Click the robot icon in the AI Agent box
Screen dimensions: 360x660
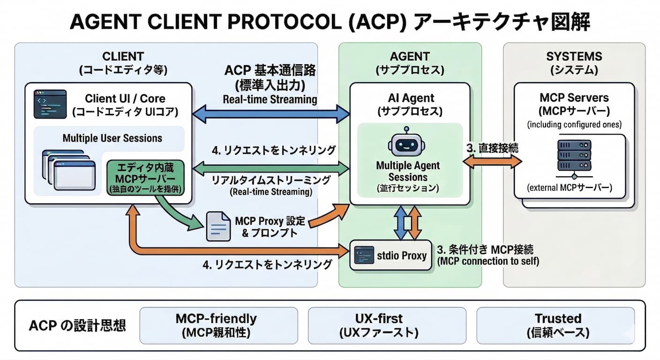click(x=406, y=143)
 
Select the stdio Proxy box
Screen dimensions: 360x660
click(x=390, y=255)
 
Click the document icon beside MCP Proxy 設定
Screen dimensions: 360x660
click(x=218, y=226)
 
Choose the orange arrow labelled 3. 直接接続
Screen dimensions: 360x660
click(x=493, y=162)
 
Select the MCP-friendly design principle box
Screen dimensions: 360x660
click(x=219, y=325)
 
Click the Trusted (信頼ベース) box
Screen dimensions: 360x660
click(x=555, y=325)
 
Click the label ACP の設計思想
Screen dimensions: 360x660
click(x=77, y=326)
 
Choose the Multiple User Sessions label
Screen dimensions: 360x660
click(x=112, y=138)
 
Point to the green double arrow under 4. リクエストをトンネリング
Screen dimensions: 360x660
click(x=272, y=167)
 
